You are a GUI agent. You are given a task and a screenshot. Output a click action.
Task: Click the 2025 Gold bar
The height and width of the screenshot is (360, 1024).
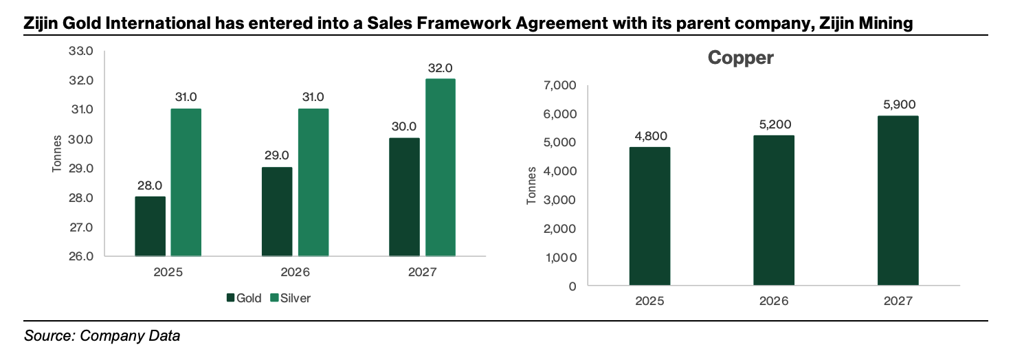[x=150, y=227]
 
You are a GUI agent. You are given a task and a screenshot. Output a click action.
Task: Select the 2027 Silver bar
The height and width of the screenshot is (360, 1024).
[x=440, y=168]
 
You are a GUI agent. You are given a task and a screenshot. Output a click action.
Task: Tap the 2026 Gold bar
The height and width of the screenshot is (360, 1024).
[x=276, y=212]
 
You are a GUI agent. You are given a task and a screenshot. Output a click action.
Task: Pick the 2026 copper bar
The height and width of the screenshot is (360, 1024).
[x=774, y=210]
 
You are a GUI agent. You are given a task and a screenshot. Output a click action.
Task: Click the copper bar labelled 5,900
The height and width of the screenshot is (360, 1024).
[x=898, y=201]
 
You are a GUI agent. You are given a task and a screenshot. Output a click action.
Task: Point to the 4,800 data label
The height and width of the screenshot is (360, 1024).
[x=649, y=136]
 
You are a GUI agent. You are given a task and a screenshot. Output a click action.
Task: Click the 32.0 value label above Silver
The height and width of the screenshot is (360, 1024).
[x=440, y=68]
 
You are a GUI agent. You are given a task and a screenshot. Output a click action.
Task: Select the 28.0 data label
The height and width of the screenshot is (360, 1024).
[x=150, y=185]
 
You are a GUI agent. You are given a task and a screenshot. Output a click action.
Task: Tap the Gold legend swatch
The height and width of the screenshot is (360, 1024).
[x=230, y=298]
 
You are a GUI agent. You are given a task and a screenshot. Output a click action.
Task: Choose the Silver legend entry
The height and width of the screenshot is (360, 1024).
[x=289, y=298]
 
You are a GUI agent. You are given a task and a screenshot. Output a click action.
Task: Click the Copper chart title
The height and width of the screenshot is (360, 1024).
[x=741, y=58]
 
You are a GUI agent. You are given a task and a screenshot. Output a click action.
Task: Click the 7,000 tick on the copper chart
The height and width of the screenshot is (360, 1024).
[x=561, y=86]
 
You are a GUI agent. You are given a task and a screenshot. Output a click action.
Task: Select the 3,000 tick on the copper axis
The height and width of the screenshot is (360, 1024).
[x=561, y=201]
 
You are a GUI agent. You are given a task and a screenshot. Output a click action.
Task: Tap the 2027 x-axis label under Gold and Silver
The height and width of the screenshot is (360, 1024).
[x=422, y=272]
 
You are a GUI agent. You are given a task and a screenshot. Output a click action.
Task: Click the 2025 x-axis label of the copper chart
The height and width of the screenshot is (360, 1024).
[x=649, y=302]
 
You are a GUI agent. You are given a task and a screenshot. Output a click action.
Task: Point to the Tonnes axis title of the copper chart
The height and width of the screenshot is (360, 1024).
[x=531, y=185]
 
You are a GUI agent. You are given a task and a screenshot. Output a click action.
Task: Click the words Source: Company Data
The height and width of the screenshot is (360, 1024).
[x=102, y=337]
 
